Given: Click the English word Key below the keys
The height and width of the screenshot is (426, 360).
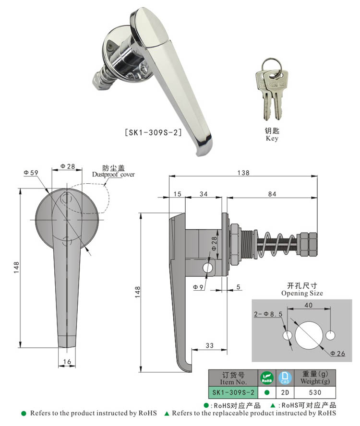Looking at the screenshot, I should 272,138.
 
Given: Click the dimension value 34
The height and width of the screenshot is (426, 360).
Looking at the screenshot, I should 203,194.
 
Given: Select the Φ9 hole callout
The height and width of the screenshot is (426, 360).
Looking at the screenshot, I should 199,287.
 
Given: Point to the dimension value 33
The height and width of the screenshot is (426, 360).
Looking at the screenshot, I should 209,344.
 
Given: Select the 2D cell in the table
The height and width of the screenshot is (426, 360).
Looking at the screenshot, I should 286,392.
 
